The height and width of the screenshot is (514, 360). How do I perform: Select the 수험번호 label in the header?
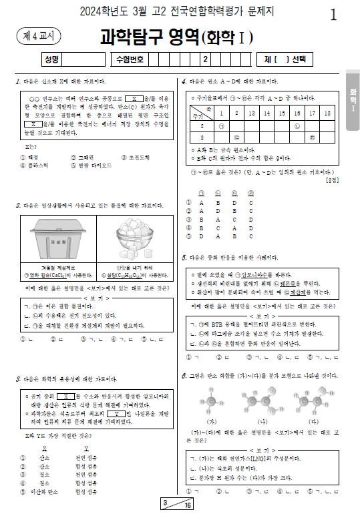tap(129, 59)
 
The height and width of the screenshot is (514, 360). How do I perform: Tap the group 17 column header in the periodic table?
tap(312, 113)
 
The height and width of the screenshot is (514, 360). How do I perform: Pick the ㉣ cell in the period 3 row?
tap(312, 138)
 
